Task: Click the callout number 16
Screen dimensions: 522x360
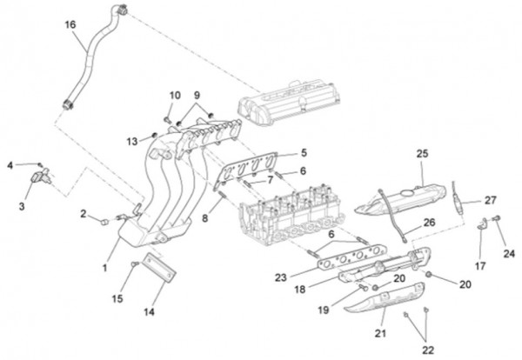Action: pos(70,24)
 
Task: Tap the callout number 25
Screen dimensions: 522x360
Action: pos(422,154)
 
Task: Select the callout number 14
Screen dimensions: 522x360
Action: pos(149,312)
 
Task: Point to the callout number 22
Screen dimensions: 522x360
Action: pos(428,350)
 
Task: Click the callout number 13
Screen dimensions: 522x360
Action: pos(132,142)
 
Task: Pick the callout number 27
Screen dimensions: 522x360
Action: pos(491,200)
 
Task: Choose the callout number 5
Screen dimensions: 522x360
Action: pos(304,153)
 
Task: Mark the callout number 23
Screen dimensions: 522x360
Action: pos(281,277)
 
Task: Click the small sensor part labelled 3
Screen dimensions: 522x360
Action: pos(41,176)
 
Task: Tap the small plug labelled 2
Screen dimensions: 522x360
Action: pos(104,222)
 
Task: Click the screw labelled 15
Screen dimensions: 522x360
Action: pos(135,264)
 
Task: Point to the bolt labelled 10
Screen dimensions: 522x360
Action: pos(168,119)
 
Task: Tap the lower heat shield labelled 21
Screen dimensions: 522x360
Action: pos(385,297)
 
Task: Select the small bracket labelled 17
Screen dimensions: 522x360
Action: pos(481,223)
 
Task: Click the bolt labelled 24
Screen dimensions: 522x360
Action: pos(497,218)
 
